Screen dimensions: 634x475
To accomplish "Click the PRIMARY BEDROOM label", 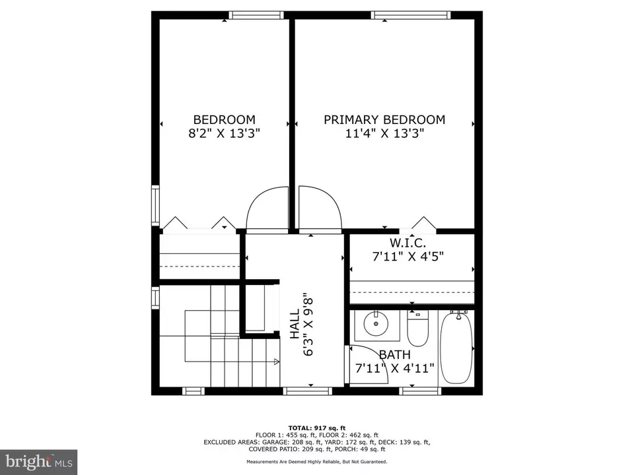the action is point(384,119).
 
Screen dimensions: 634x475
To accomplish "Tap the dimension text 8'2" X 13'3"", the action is point(224,133).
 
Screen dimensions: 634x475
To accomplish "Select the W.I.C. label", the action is point(407,243).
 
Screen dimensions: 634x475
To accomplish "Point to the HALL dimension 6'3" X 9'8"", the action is point(308,325).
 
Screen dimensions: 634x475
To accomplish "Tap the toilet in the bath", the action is point(417,329).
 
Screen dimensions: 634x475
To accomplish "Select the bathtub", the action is point(456,348).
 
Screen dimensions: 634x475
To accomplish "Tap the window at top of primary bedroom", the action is point(411,15).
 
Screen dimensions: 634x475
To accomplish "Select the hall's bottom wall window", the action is point(307,391).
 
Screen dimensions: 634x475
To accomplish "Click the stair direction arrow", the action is point(277,362).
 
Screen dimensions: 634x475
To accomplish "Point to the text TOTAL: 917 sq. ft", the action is point(317,428).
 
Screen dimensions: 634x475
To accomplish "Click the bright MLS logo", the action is point(39,462).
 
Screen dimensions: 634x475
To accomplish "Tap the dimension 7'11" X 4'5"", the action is point(408,257).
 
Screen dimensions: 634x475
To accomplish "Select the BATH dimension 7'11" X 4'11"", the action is point(395,368).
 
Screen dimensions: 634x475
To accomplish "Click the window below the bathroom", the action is point(420,391).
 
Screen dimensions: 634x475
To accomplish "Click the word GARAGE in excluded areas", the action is point(272,442).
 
